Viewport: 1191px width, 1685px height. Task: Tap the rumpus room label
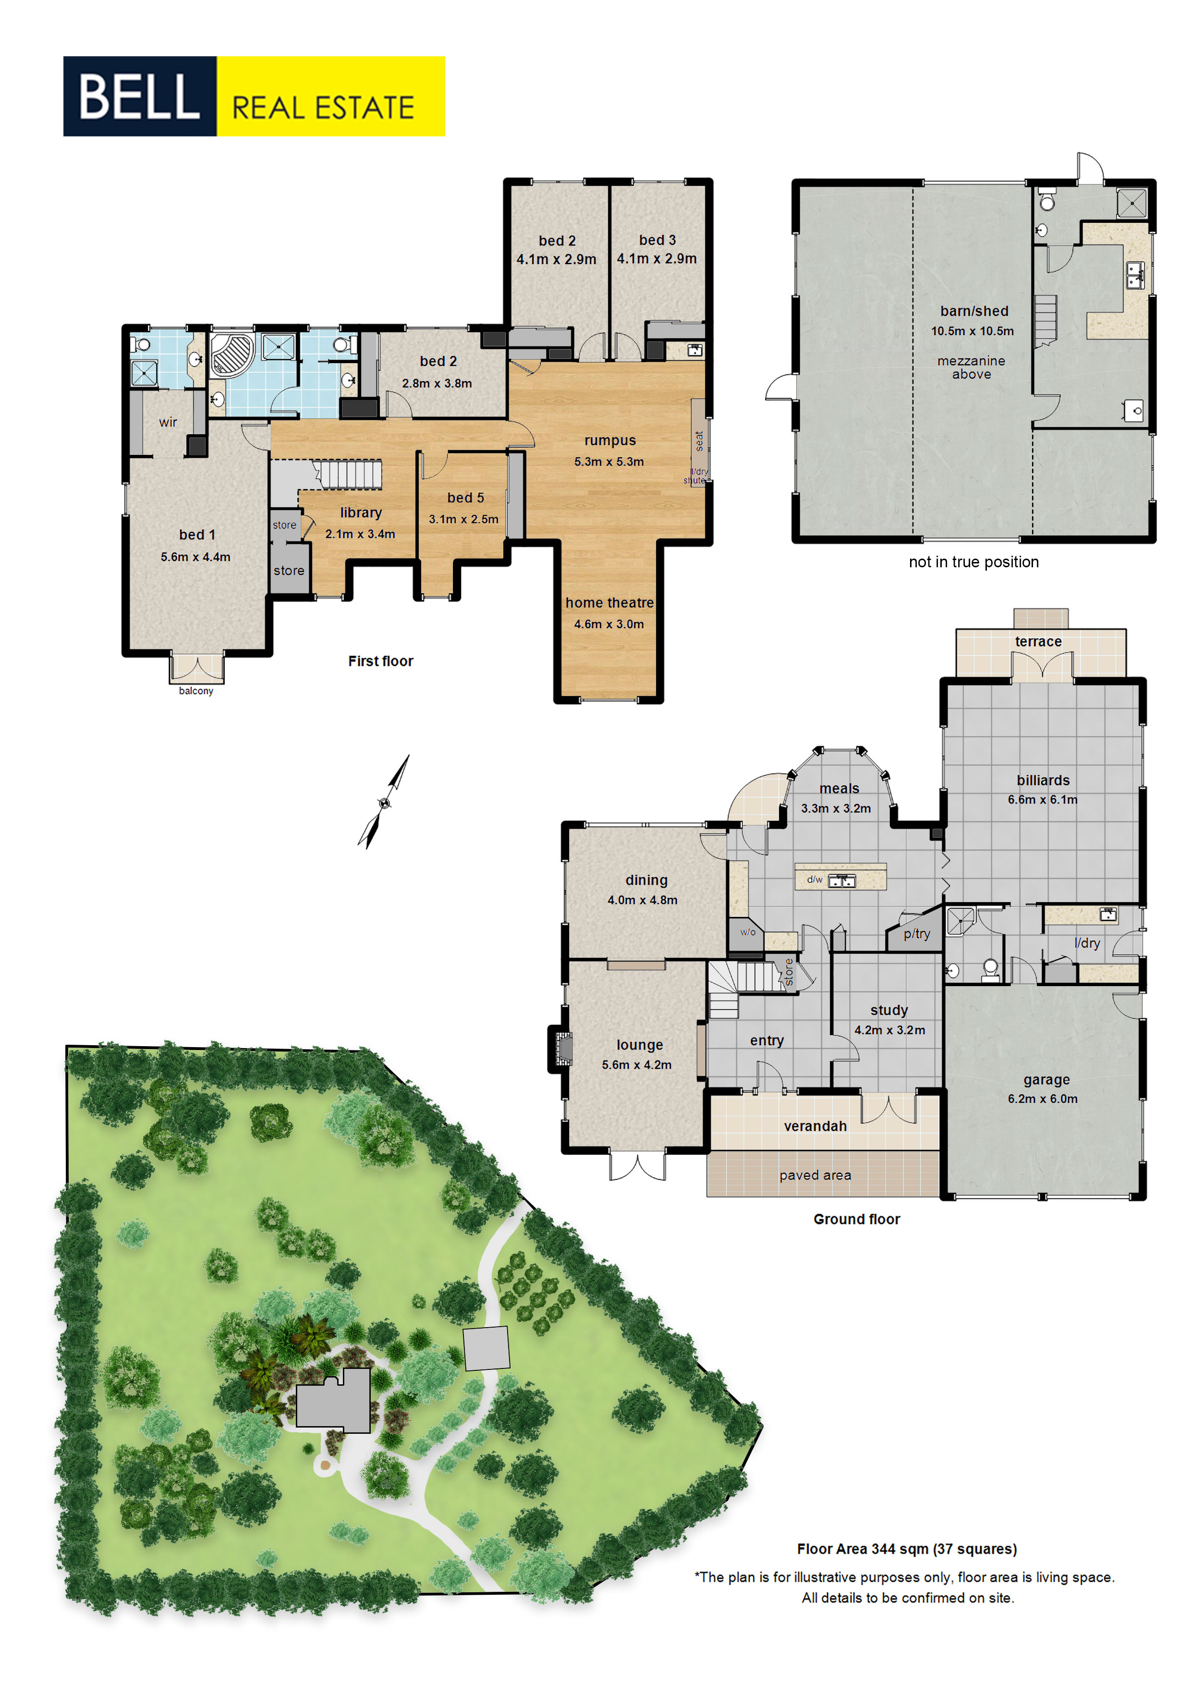click(610, 440)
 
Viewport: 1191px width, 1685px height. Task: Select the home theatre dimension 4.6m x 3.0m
click(608, 624)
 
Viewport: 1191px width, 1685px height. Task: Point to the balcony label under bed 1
click(196, 691)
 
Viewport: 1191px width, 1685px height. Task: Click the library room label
click(360, 512)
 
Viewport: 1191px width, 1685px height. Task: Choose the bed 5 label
click(465, 498)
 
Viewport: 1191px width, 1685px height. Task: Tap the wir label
click(168, 422)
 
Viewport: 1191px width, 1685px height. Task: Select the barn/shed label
click(974, 311)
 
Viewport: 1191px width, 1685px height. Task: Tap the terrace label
click(1038, 641)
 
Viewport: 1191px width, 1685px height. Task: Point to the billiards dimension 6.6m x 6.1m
click(1042, 799)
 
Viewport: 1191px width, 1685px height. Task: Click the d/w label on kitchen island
click(814, 879)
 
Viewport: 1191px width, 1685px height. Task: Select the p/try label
click(917, 933)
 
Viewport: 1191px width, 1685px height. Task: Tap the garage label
click(1046, 1080)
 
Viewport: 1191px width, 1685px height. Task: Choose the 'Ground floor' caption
click(856, 1219)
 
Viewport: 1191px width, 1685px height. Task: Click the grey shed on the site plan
click(486, 1348)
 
